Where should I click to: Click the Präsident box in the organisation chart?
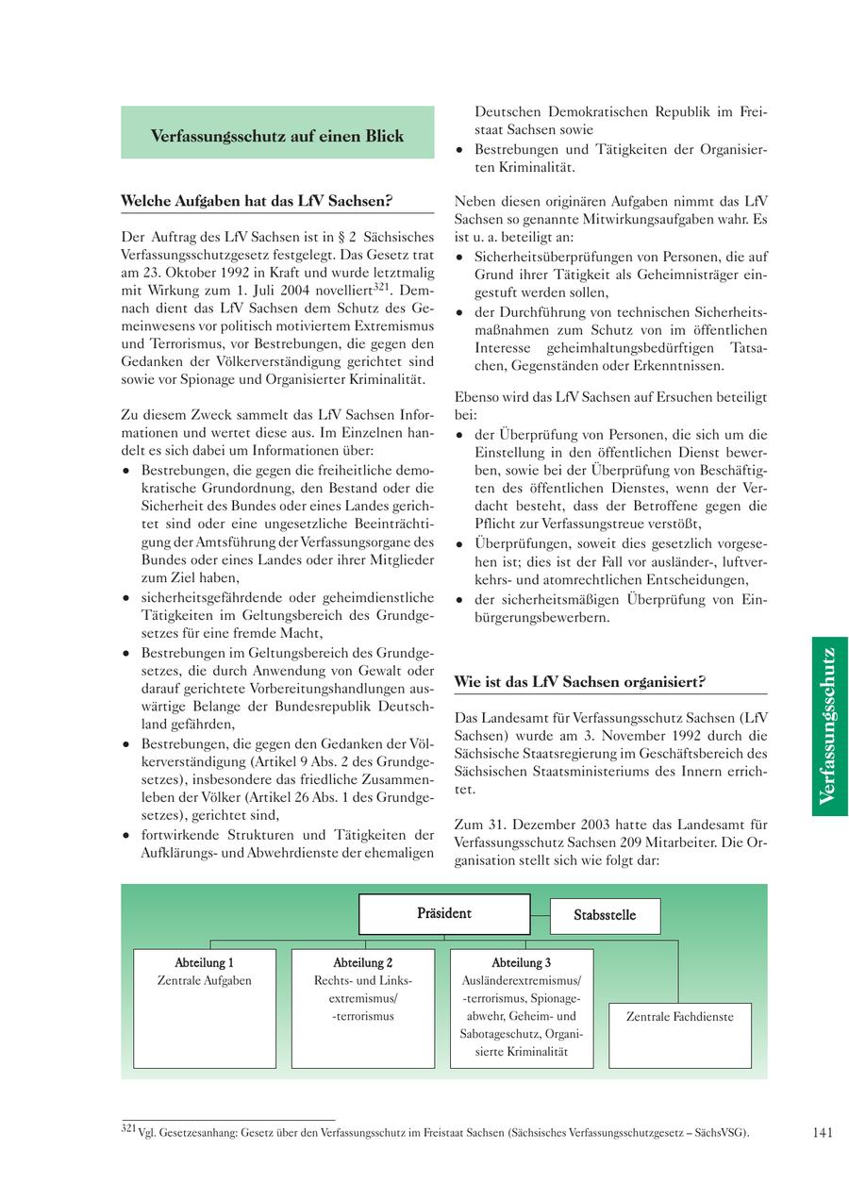tap(444, 913)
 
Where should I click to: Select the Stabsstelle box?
tap(605, 915)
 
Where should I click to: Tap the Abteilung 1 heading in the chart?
tap(205, 962)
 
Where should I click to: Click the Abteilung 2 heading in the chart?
tap(363, 962)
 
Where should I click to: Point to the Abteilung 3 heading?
tap(522, 962)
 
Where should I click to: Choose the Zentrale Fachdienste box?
tap(679, 1017)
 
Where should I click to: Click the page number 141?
tap(822, 1133)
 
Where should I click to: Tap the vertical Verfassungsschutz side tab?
tap(829, 725)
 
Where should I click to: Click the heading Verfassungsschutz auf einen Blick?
tap(277, 136)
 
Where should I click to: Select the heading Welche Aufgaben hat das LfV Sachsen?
tap(257, 201)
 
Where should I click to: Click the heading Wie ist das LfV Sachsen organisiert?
tap(579, 681)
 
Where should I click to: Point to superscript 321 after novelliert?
tap(381, 284)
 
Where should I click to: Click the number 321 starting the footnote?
tap(129, 1128)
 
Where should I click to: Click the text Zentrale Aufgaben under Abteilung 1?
tap(205, 981)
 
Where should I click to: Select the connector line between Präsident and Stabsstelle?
tap(540, 914)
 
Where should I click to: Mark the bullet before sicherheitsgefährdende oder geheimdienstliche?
tap(126, 598)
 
